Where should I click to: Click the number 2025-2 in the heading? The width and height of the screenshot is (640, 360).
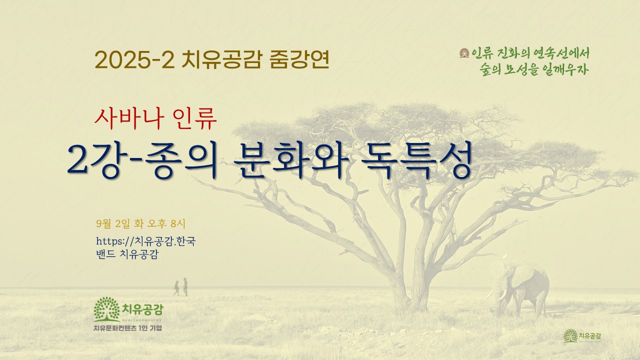(134, 60)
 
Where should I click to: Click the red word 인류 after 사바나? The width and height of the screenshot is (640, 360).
(194, 119)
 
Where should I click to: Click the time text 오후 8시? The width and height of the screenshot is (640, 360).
(166, 223)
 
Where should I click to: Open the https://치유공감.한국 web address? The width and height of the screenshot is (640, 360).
(145, 241)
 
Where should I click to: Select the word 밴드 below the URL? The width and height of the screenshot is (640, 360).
(105, 254)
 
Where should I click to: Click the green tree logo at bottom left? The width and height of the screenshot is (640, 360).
(106, 309)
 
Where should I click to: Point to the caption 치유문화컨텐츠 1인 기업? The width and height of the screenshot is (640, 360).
(127, 328)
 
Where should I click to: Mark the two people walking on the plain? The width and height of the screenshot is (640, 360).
(181, 287)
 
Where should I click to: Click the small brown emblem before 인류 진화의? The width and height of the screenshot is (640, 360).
(464, 53)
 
